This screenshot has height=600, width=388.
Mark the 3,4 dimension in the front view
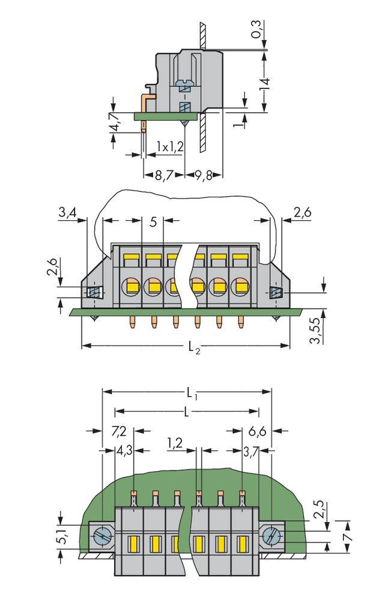click(68, 211)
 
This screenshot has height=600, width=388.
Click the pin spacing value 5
click(153, 222)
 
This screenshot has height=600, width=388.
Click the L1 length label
click(190, 394)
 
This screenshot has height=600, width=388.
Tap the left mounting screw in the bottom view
click(102, 534)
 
